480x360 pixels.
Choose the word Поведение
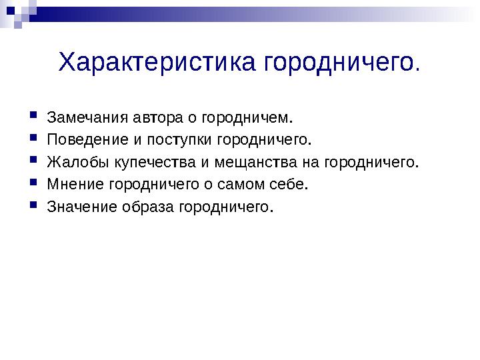83,140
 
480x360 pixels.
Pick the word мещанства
251,162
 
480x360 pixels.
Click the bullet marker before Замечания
33,117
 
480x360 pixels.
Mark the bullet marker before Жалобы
33,161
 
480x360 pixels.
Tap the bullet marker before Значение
33,205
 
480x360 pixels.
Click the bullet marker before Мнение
33,183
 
